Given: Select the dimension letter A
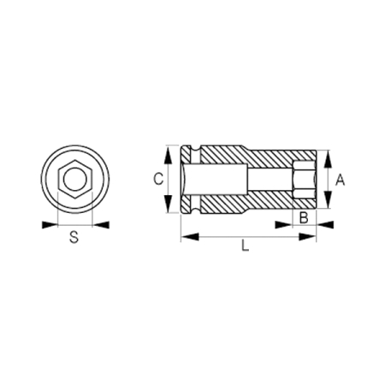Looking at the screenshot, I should [341, 180].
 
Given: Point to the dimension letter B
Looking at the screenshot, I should [302, 217].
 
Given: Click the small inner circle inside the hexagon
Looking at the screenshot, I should [74, 180].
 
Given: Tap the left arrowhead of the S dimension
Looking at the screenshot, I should [48, 225].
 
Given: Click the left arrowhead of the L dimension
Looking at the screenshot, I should [185, 236].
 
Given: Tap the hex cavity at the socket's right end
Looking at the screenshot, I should [304, 180].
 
